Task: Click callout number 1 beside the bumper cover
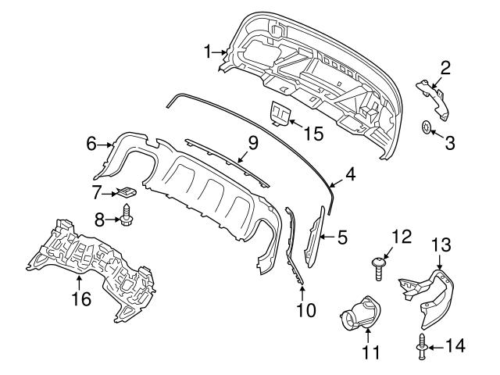pos(209,52)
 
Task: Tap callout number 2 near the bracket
pos(445,69)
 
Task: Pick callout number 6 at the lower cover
pos(91,144)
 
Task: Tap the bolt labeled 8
pos(125,215)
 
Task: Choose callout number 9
pos(252,143)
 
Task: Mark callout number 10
pos(305,310)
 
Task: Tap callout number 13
pos(441,245)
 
